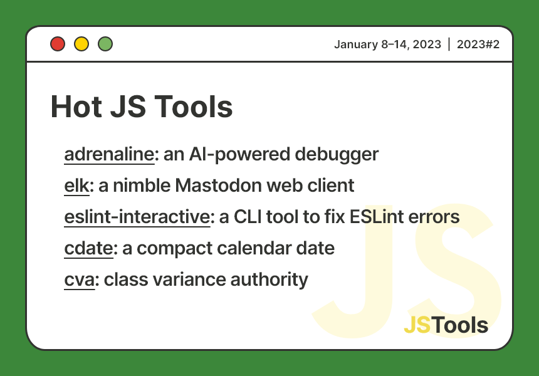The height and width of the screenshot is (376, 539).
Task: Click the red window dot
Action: [x=58, y=44]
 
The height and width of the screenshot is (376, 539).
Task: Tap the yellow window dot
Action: [x=81, y=44]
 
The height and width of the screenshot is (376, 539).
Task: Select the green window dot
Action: [x=105, y=44]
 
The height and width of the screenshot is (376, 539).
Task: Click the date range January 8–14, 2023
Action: [x=387, y=44]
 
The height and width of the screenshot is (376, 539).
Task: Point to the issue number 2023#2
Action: [x=478, y=44]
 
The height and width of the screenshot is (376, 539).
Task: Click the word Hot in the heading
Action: [x=75, y=107]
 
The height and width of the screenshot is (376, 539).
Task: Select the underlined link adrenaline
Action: [x=108, y=154]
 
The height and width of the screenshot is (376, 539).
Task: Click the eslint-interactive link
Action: [x=137, y=217]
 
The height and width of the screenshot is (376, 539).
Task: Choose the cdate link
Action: [x=88, y=248]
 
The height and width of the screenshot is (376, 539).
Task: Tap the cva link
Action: [x=79, y=279]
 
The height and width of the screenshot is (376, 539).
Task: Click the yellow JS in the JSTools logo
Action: [x=417, y=325]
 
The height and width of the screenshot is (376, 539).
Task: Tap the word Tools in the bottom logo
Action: [x=461, y=325]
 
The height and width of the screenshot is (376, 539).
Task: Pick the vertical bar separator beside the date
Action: [x=449, y=44]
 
